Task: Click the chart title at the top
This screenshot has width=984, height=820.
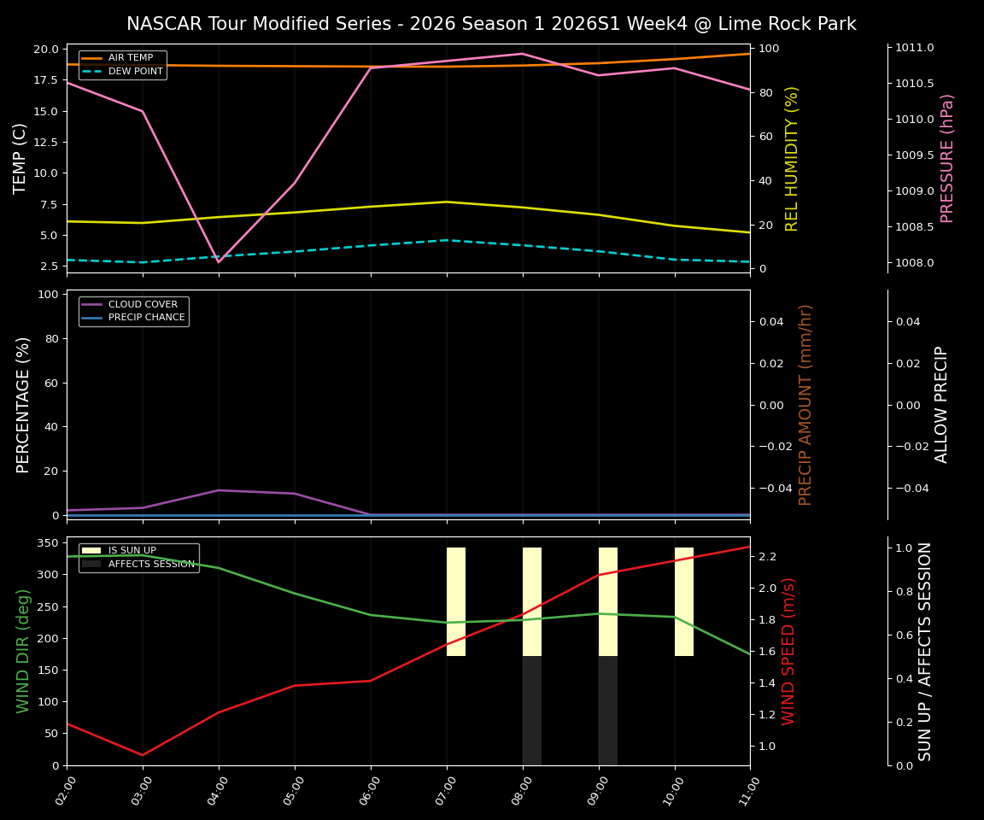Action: tap(491, 24)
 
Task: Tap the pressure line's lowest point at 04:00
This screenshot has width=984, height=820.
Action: tap(219, 261)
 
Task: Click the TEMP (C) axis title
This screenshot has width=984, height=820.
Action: tap(20, 158)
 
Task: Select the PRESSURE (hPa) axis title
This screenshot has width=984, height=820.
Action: tap(947, 158)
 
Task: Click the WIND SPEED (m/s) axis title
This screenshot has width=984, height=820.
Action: tap(788, 651)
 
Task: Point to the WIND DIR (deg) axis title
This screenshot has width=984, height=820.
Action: tap(23, 651)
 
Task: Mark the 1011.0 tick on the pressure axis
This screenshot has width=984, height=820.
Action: tap(915, 48)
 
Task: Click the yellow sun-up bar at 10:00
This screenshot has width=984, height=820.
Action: tap(684, 601)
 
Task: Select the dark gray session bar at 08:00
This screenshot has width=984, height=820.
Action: tap(532, 711)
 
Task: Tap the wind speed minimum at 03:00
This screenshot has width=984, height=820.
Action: tap(143, 755)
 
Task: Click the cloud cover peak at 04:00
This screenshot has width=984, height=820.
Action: tap(219, 490)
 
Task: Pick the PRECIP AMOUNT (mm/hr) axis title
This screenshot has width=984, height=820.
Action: tap(805, 405)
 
